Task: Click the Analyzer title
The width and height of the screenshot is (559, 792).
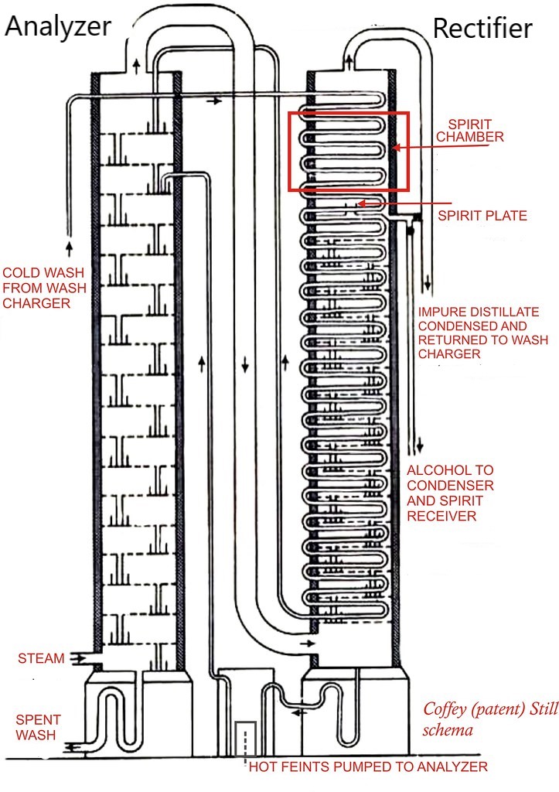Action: (x=59, y=26)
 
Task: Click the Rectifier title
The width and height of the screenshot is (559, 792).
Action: (x=482, y=28)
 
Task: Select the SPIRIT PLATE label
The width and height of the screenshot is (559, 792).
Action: (x=482, y=216)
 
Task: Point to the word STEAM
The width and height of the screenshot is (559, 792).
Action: (x=41, y=659)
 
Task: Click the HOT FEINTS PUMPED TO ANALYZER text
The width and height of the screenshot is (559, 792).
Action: (x=368, y=766)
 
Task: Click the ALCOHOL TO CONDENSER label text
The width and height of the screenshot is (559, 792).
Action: (x=451, y=493)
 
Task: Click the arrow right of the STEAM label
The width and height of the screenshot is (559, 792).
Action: (x=77, y=658)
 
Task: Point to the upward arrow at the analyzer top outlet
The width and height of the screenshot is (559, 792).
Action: (x=137, y=66)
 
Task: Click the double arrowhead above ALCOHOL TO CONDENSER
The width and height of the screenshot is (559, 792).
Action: (x=421, y=445)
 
